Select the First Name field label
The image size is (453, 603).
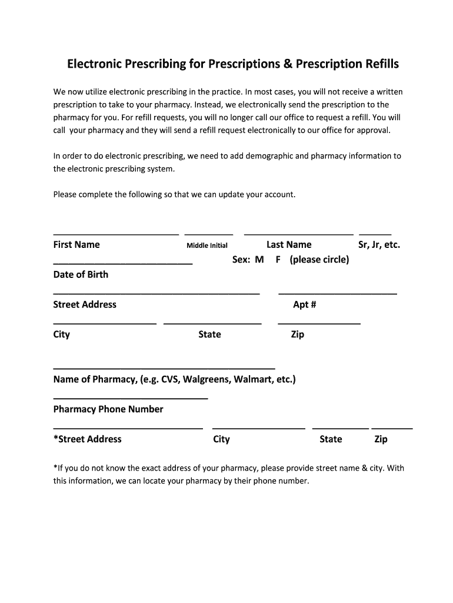pyautogui.click(x=76, y=245)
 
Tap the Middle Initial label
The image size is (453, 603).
pyautogui.click(x=207, y=246)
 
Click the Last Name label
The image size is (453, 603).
pyautogui.click(x=289, y=245)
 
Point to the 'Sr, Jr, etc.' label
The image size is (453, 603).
pyautogui.click(x=379, y=245)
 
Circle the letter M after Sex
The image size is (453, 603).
pyautogui.click(x=259, y=260)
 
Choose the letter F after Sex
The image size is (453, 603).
pyautogui.click(x=278, y=260)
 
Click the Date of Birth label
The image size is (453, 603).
pyautogui.click(x=81, y=274)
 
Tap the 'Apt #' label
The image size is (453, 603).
pyautogui.click(x=305, y=304)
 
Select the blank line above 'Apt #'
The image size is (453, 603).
pyautogui.click(x=337, y=293)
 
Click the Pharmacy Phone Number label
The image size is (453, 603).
pyautogui.click(x=108, y=409)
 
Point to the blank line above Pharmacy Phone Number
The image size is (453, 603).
pyautogui.click(x=131, y=399)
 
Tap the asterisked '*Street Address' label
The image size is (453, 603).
pyautogui.click(x=87, y=439)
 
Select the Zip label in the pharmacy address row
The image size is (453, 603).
pyautogui.click(x=381, y=439)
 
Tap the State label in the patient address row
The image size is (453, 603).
pyautogui.click(x=209, y=334)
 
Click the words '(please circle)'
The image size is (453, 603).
pyautogui.click(x=319, y=260)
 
